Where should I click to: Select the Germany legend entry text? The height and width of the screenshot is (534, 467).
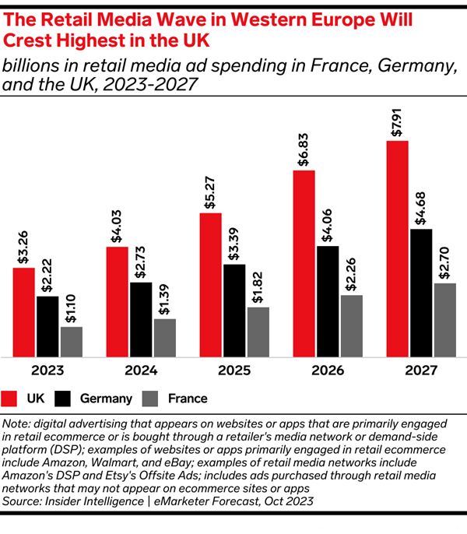[106, 399]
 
